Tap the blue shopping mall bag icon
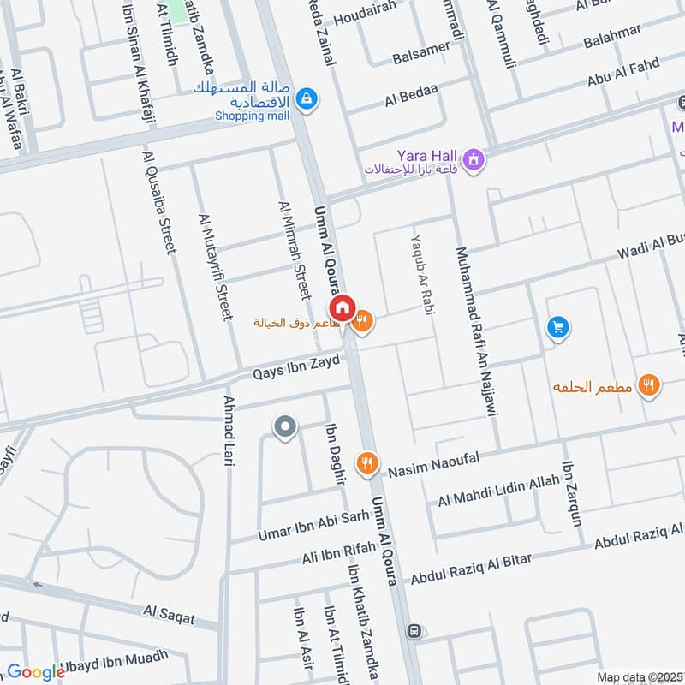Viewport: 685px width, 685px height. coord(306,100)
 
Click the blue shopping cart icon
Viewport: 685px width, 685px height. coord(557,326)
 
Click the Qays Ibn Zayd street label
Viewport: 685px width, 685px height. coord(296,368)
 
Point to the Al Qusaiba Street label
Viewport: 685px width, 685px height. coord(158,202)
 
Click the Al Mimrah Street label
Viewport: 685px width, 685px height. coord(291,250)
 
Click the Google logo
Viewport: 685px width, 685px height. coord(36,672)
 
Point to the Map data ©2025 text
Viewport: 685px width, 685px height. coord(639,676)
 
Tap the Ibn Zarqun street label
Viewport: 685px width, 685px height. coord(572,495)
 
